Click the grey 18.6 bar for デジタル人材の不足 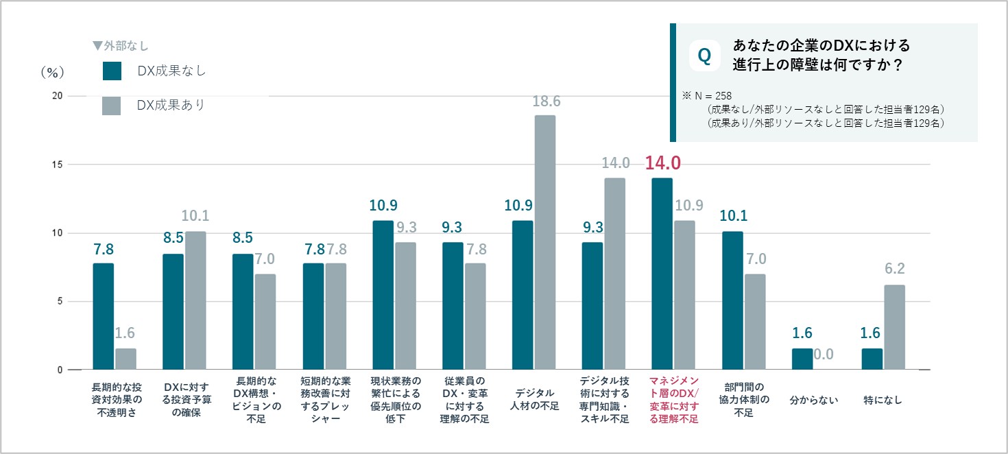(545, 243)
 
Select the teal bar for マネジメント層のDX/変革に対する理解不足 (662, 274)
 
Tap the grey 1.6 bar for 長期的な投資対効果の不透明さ (125, 359)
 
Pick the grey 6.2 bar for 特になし (894, 327)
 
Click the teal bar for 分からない (802, 359)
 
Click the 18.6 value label (546, 101)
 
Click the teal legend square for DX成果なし (112, 71)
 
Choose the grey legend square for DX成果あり (112, 106)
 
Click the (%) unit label (52, 72)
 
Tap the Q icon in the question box (704, 56)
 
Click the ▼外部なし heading (121, 46)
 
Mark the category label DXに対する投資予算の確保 (185, 399)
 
